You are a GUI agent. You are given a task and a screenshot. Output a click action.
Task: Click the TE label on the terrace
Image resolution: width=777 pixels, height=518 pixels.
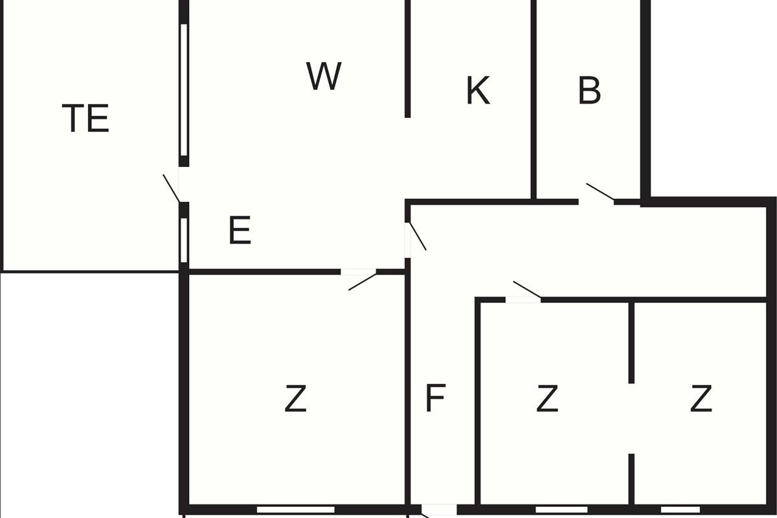click(85, 118)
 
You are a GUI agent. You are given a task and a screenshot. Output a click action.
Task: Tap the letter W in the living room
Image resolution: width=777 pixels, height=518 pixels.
click(324, 76)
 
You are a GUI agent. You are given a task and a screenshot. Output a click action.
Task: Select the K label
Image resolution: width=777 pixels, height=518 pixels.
click(479, 90)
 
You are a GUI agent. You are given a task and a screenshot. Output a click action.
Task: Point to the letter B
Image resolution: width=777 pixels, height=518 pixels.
click(589, 90)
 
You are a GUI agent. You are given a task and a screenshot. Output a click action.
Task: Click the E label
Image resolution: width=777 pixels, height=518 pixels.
click(240, 230)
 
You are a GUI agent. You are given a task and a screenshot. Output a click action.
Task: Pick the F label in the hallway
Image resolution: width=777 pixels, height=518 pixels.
click(435, 398)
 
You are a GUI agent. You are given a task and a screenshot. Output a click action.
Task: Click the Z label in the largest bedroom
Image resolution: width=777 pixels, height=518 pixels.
click(295, 398)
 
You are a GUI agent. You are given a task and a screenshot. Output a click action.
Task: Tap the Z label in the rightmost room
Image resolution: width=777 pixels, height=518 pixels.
click(701, 398)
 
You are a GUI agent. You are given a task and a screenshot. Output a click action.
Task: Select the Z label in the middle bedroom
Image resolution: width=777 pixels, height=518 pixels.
click(547, 398)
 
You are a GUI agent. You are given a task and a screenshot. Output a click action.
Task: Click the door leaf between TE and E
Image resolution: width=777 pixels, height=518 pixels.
click(172, 188)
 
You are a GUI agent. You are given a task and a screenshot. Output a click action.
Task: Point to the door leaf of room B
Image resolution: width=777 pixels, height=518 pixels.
click(600, 192)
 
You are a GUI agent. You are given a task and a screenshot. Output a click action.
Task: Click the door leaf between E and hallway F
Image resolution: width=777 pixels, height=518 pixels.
click(418, 236)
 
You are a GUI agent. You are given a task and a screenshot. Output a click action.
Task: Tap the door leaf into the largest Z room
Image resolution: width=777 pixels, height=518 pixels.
click(363, 282)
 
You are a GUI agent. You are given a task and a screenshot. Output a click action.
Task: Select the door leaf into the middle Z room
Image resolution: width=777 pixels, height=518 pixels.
click(527, 289)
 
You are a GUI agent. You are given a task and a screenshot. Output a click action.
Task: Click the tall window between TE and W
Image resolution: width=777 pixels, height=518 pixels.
click(184, 90)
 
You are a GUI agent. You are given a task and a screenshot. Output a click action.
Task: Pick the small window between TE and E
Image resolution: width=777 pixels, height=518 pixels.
click(184, 240)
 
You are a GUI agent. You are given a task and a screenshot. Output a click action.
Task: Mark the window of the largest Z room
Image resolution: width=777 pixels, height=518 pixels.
click(295, 510)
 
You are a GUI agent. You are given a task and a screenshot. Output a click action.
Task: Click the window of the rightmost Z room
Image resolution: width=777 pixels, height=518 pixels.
click(681, 510)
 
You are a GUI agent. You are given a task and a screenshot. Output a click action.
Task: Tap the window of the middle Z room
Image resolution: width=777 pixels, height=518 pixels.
click(561, 510)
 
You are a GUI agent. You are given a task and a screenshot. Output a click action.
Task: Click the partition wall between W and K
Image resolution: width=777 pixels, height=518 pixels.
click(407, 59)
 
